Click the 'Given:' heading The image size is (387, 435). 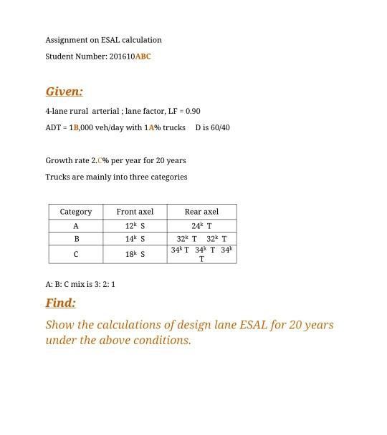(x=64, y=92)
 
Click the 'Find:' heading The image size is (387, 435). (x=60, y=303)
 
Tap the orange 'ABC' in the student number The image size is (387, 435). (x=143, y=56)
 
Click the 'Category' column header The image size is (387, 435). (x=75, y=212)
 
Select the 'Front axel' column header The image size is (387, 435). (x=135, y=212)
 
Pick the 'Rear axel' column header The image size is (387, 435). (x=201, y=212)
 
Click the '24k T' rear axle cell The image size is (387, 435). (x=201, y=226)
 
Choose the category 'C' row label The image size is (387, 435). (x=75, y=254)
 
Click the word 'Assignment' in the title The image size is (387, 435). (x=66, y=39)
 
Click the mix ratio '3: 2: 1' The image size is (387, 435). (x=101, y=283)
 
